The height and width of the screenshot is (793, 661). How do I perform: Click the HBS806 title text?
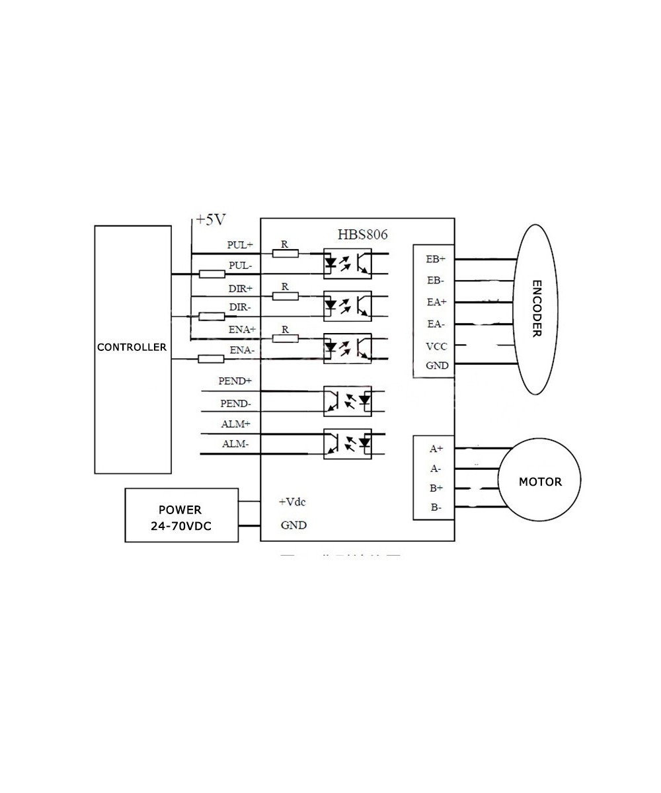362,234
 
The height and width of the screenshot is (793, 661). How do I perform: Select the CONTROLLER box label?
132,347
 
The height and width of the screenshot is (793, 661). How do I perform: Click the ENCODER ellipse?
536,309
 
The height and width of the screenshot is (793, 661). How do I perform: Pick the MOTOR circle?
540,481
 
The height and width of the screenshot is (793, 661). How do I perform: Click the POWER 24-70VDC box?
181,515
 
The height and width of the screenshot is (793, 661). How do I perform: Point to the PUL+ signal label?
240,245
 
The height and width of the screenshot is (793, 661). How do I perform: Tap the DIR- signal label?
240,307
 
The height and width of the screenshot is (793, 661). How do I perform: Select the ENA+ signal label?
242,329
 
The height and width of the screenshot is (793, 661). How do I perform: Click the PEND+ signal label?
235,381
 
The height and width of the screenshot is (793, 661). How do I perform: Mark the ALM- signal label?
235,444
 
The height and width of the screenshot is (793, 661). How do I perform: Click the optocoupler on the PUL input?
347,263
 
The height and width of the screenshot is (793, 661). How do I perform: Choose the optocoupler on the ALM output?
347,443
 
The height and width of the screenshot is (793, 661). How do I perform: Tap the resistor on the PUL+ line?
285,253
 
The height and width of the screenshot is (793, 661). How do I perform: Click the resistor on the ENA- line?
212,359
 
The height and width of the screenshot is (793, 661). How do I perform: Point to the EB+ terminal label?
436,259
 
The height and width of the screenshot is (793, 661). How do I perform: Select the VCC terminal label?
436,346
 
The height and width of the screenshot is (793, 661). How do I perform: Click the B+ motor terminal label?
436,488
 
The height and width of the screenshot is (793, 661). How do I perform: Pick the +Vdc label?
292,502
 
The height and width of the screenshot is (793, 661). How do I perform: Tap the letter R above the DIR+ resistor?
285,286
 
